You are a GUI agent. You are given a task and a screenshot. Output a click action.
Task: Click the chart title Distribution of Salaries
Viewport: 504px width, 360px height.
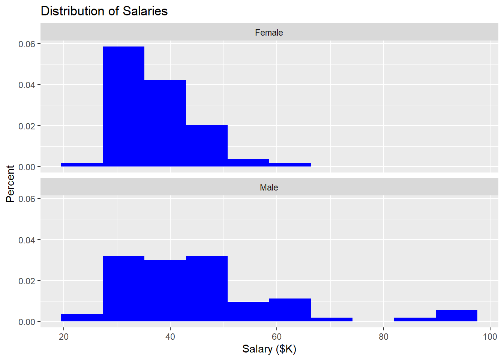click(x=104, y=11)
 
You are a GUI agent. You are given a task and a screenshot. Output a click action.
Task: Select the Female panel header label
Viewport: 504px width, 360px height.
click(x=269, y=33)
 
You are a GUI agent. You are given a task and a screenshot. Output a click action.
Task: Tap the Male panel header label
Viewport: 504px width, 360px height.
click(x=269, y=187)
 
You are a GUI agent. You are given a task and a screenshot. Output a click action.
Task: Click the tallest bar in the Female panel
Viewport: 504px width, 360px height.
click(x=123, y=106)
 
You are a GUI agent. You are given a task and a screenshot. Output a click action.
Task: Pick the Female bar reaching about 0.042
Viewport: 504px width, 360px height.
click(x=165, y=123)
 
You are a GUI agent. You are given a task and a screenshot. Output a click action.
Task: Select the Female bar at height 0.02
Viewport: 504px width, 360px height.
click(x=207, y=146)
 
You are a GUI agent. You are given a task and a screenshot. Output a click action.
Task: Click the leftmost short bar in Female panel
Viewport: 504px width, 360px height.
click(x=82, y=165)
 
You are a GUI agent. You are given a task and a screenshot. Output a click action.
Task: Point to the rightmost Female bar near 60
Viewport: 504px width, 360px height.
click(x=290, y=165)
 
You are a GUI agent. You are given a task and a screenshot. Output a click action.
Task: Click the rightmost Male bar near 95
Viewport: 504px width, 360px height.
click(x=456, y=316)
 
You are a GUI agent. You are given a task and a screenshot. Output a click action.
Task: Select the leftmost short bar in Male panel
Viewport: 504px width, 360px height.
click(x=82, y=318)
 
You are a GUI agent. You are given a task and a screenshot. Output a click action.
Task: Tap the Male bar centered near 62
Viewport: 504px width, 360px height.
click(x=290, y=310)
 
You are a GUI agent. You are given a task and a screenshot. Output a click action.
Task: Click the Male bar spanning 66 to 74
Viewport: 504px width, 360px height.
click(x=331, y=319)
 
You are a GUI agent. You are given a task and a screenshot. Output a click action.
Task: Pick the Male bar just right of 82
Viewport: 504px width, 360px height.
click(x=415, y=319)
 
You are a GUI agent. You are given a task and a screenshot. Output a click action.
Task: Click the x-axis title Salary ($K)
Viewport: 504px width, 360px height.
click(x=269, y=349)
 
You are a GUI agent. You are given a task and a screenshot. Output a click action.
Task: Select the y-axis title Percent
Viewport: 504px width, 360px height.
click(x=10, y=184)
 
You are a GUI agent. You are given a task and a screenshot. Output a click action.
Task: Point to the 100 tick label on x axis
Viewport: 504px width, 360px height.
click(x=490, y=336)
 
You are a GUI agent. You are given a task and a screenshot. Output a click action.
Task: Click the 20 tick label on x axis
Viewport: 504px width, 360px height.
click(x=64, y=336)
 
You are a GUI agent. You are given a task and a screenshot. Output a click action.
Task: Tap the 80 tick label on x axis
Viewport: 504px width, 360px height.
click(x=383, y=336)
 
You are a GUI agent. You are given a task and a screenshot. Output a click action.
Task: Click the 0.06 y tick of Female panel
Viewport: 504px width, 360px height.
click(x=27, y=44)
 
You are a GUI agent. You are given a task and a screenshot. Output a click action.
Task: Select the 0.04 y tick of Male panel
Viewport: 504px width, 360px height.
click(x=27, y=240)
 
